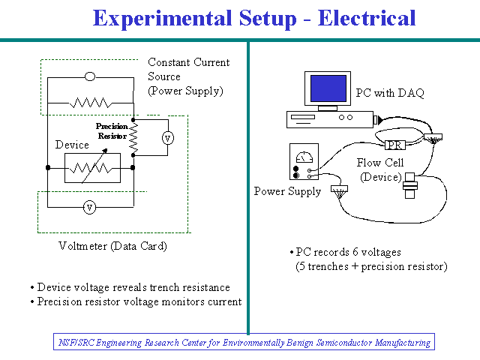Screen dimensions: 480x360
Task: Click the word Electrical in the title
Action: tap(367, 18)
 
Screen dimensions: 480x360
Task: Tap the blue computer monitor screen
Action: tap(328, 88)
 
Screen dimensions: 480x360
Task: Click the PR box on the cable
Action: tap(395, 145)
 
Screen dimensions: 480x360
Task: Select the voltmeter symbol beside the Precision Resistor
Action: tap(168, 138)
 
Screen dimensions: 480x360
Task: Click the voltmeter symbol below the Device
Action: tap(89, 208)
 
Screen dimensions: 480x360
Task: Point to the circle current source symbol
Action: tap(90, 76)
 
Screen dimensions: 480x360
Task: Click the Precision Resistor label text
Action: tap(112, 131)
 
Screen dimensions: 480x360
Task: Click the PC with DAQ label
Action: tap(390, 92)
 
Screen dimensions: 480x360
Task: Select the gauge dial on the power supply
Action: tap(304, 157)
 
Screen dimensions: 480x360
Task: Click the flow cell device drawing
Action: tap(410, 185)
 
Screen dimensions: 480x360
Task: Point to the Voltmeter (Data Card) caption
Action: tap(112, 246)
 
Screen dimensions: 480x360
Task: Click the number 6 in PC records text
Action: tap(355, 252)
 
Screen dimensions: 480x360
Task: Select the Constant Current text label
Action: tap(188, 62)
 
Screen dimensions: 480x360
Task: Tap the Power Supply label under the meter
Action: tap(287, 192)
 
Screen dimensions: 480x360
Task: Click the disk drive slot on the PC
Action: tap(303, 117)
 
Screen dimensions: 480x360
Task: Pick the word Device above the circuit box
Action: tap(72, 145)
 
